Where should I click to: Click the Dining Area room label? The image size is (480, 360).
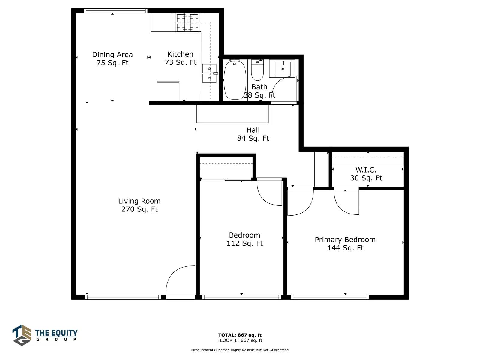112,58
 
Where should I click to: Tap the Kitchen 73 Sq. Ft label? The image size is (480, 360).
181,58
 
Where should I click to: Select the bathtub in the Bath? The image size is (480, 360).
235,80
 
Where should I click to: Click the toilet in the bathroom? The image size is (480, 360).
257,70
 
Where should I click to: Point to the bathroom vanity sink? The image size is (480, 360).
283,69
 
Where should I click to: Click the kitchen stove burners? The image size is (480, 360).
187,23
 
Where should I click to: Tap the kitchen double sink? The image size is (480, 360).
209,73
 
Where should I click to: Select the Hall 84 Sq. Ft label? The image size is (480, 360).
253,134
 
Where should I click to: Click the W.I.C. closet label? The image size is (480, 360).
366,174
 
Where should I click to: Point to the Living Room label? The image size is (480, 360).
139,205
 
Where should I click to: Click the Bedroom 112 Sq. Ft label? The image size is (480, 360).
245,239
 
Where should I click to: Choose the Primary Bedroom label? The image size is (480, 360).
345,244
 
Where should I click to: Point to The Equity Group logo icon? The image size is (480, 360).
22,335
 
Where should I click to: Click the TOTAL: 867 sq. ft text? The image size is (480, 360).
240,335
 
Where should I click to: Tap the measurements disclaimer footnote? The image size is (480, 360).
240,350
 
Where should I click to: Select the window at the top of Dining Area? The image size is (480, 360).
116,11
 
